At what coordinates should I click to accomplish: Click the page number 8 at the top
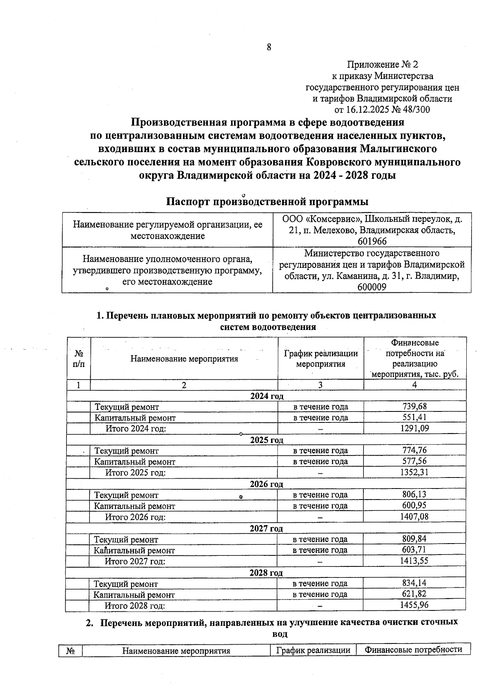pos(269,47)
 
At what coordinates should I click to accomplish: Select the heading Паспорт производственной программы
pos(267,202)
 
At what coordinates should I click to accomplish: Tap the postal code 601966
pos(372,241)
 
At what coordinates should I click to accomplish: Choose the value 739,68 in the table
pos(414,406)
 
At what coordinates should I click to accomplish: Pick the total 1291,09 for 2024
pos(414,428)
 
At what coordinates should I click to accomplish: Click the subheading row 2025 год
pos(266,440)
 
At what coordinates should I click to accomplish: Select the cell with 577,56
pos(414,461)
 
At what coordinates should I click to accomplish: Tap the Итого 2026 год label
pos(136,517)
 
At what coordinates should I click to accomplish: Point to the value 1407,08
pos(414,517)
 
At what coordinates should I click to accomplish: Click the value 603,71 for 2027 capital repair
pos(414,550)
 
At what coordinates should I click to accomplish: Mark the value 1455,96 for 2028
pos(414,605)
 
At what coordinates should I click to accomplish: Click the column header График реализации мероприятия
pos(321,359)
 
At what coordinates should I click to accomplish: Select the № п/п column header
pos(78,359)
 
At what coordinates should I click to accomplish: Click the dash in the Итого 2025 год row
pos(321,473)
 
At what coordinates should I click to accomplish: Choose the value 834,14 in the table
pos(414,583)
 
